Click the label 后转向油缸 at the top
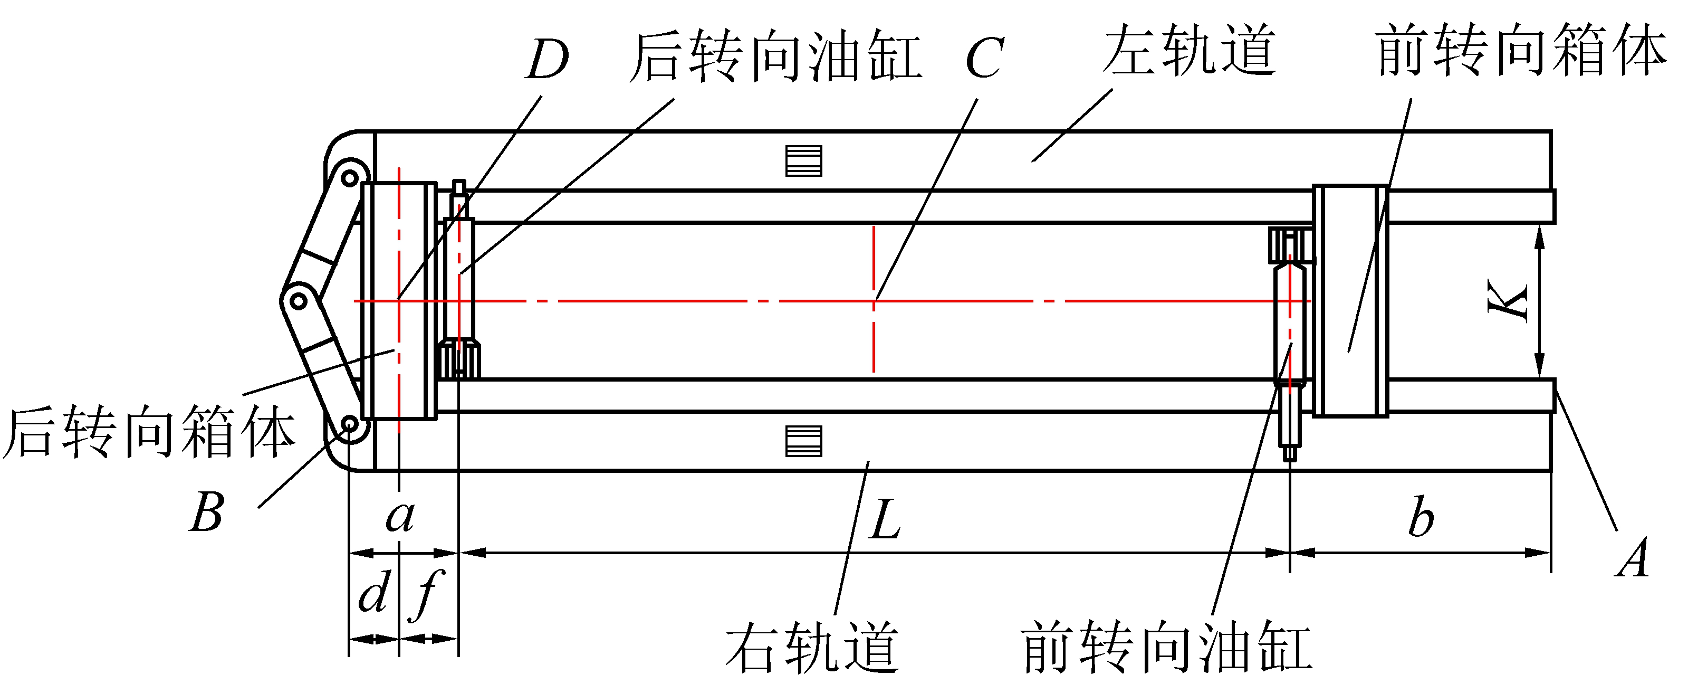pos(776,58)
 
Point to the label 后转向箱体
pos(149,432)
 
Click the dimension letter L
pos(885,519)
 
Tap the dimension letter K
pos(1508,301)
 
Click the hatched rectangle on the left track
pos(803,160)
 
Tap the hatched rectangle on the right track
pos(803,441)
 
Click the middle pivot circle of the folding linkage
pos(298,302)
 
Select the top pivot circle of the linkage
pos(351,177)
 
